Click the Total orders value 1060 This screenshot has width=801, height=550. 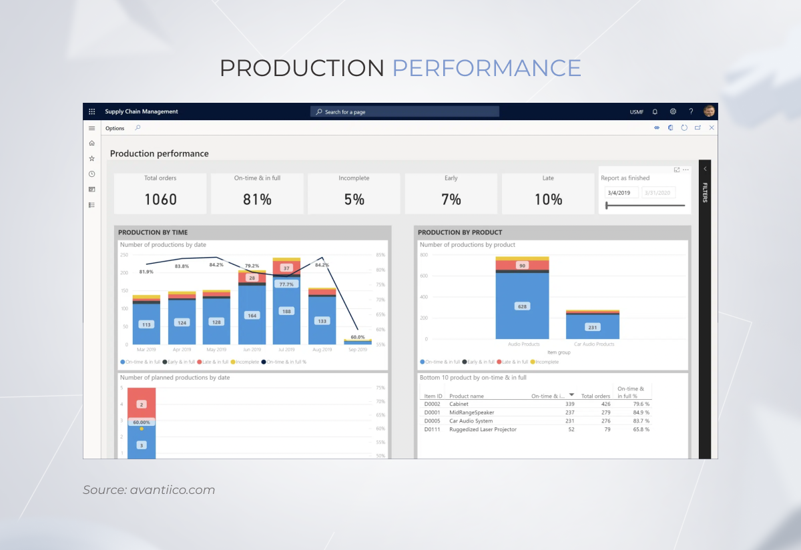coord(160,200)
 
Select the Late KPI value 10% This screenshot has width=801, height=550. coord(548,200)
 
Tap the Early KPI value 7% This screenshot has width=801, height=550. coord(451,200)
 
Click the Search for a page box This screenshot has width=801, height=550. coord(405,112)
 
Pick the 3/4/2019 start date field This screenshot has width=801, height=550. coord(621,193)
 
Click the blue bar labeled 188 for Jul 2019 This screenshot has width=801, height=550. coord(286,311)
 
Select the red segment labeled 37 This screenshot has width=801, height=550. coord(286,268)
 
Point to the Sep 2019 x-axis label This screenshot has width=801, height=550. coord(358,350)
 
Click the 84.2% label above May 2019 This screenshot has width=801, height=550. coord(216,264)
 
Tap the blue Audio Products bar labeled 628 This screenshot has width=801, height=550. coord(522,306)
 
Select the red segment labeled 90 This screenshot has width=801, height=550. coord(522,266)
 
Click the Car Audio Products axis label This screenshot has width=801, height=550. coord(593,344)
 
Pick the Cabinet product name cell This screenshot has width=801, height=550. coord(459,404)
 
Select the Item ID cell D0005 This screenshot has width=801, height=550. coord(432,421)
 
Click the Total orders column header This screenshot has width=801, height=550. coord(595,396)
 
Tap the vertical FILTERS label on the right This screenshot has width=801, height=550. coord(705,192)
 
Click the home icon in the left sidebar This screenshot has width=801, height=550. coord(92,144)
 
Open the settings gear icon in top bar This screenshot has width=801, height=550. coord(673,111)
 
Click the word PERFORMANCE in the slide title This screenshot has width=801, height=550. coord(486,68)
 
